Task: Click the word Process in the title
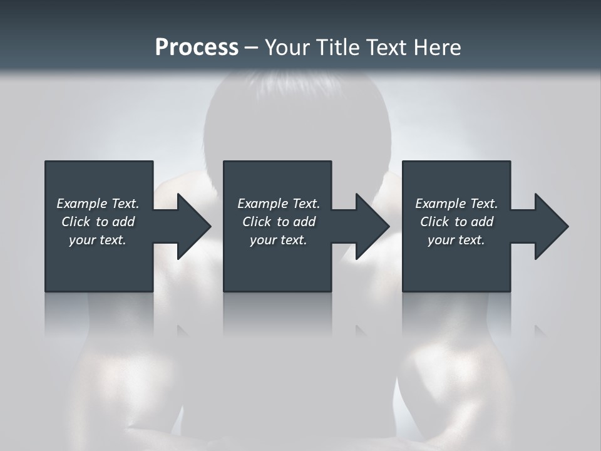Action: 197,48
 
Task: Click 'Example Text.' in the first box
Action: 98,204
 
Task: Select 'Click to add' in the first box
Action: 98,222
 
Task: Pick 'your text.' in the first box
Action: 98,240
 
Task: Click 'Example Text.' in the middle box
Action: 279,204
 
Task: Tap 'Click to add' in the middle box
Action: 279,222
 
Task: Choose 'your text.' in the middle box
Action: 279,240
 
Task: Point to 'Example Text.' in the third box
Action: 456,204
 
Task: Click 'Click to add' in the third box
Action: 456,222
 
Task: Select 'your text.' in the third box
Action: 456,240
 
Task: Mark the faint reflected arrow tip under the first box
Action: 183,331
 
